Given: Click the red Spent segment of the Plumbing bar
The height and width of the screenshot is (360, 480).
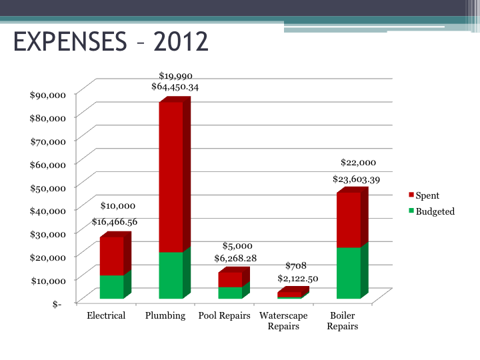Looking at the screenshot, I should coord(170,177).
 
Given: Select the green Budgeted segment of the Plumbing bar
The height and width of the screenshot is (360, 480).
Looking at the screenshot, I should coord(170,275).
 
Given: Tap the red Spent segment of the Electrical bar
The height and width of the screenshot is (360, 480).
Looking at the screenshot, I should coord(111,256).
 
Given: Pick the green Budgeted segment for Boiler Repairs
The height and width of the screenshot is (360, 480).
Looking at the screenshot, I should coord(349,273).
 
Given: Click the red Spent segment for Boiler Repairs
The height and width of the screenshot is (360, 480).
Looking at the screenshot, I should coord(349,220).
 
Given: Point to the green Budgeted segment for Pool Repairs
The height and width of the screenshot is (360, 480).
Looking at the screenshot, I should coord(230,293).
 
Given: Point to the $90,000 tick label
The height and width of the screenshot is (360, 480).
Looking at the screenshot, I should coord(48,95).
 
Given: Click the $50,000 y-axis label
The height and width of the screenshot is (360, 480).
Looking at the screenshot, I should coord(48,187).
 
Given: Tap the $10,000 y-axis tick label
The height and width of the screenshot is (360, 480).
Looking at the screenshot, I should coord(48,280).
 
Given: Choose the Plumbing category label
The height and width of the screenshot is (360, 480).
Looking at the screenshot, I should coord(165,315).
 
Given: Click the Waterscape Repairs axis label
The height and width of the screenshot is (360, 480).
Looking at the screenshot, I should coord(283,321).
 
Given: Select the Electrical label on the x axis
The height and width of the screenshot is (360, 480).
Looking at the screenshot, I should coord(106,315).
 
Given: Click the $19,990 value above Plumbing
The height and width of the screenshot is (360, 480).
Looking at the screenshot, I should coord(175,76).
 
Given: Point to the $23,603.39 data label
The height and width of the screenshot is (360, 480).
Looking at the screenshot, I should coord(356,179).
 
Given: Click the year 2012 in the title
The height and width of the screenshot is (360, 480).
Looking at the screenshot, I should coord(181,41).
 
